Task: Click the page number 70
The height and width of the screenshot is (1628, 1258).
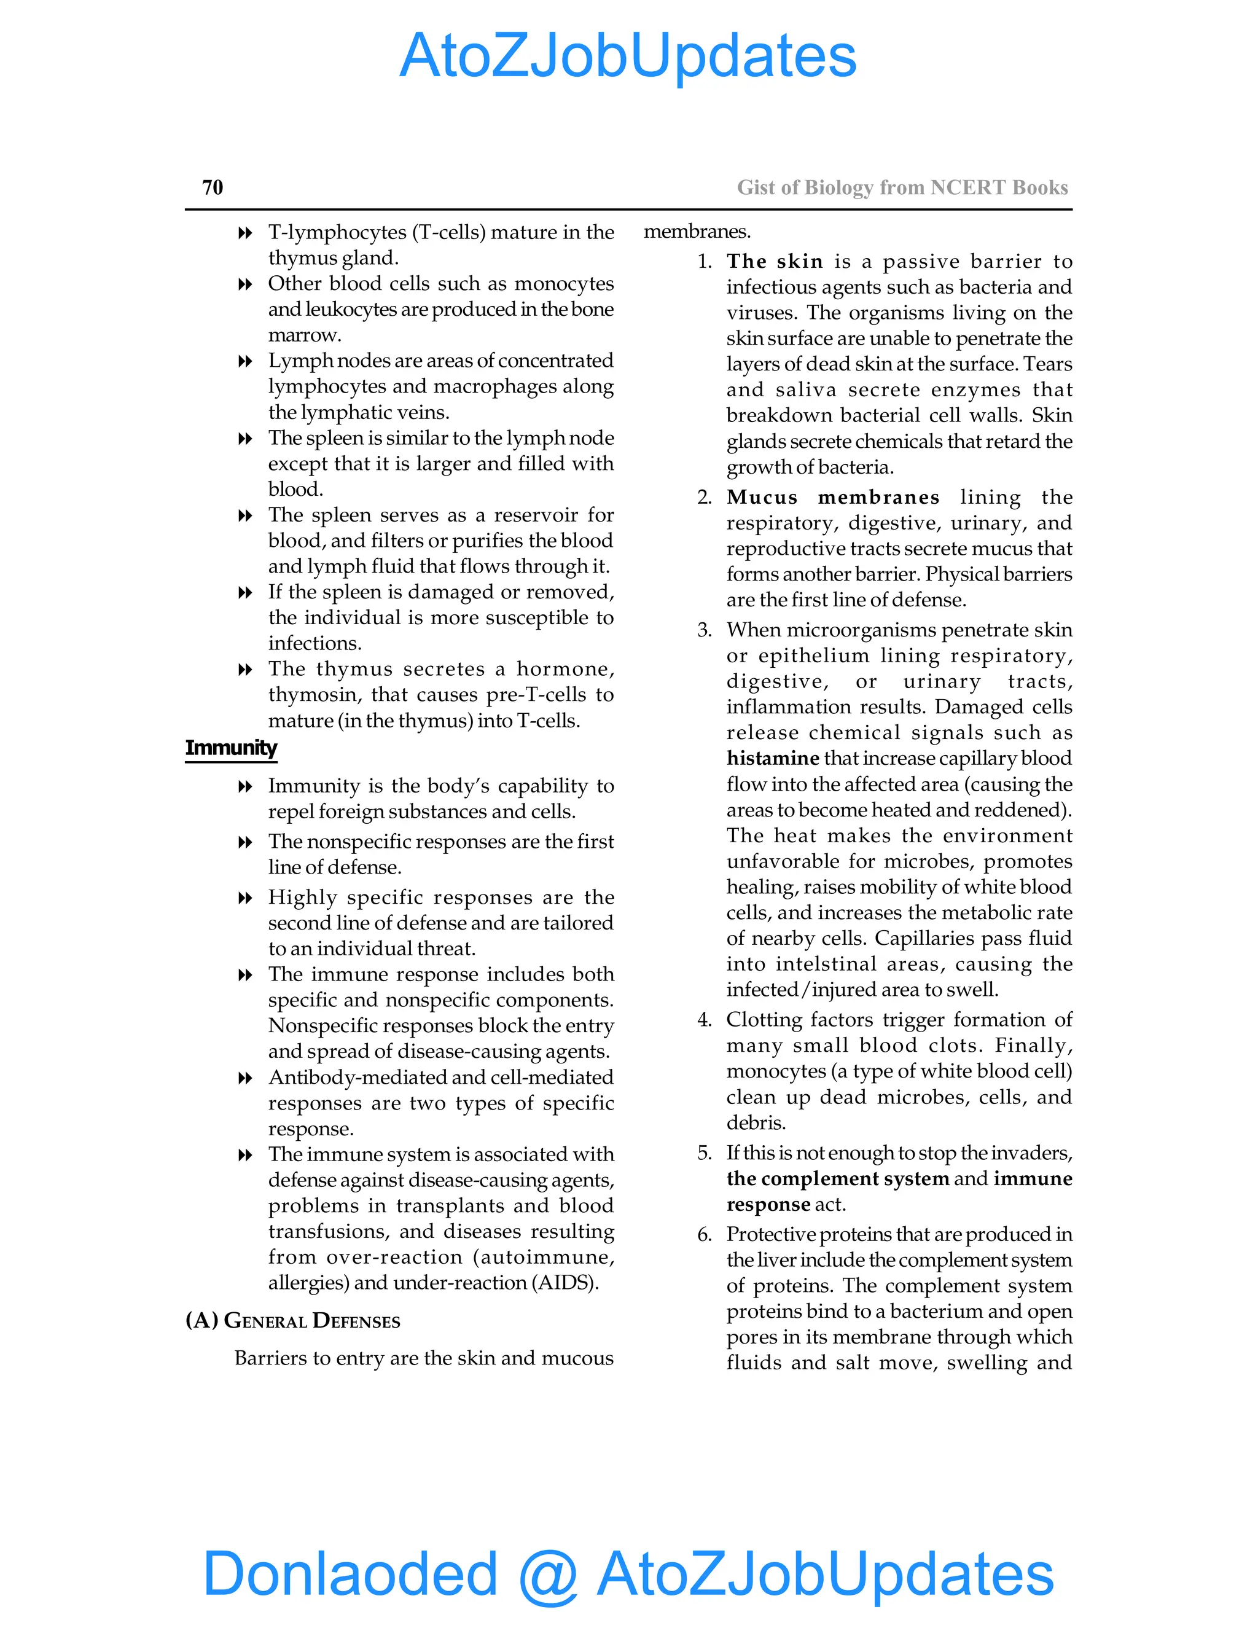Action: click(x=213, y=187)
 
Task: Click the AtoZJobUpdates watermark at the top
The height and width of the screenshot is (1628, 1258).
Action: click(x=628, y=56)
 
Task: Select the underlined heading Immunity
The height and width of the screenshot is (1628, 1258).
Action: click(x=231, y=748)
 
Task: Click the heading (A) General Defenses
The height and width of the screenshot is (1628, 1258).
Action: click(x=292, y=1320)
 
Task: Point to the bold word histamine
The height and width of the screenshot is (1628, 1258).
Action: click(x=772, y=758)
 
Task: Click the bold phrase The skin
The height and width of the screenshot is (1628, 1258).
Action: click(x=775, y=262)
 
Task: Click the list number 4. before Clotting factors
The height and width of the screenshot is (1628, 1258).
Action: click(x=705, y=1020)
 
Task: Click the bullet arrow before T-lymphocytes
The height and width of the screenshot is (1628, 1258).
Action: click(x=244, y=233)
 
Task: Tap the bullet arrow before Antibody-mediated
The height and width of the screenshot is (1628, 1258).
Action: click(x=244, y=1078)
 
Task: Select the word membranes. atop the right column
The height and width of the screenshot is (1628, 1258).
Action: click(x=697, y=232)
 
